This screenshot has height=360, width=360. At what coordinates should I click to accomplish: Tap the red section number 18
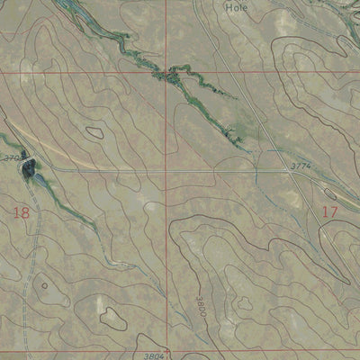click(x=22, y=212)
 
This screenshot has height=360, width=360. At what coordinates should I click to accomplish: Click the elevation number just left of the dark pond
click(x=12, y=158)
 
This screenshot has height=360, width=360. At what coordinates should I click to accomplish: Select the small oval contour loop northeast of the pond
click(x=94, y=131)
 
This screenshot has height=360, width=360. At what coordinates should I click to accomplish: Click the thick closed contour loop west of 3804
click(x=112, y=316)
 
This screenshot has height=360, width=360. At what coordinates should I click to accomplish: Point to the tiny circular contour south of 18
click(x=43, y=285)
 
